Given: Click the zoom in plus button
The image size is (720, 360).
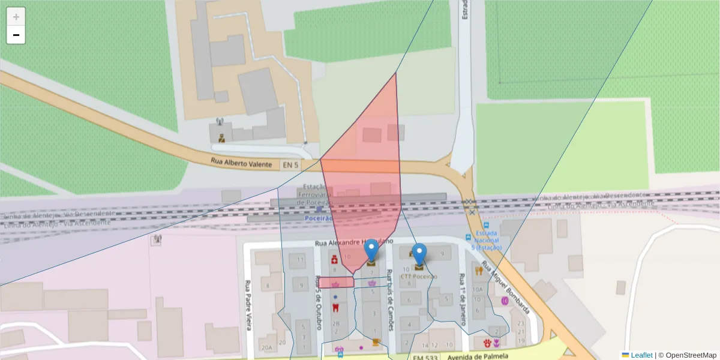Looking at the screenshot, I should [16, 17].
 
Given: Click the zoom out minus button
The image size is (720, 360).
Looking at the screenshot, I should [16, 35].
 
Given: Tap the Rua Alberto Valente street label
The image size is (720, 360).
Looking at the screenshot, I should [241, 163].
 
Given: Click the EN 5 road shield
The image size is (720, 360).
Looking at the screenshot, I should [290, 164].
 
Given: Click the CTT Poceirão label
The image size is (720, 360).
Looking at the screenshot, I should [419, 277].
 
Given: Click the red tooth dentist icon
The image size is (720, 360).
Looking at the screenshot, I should [335, 307].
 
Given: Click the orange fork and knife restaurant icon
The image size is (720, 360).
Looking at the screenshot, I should [479, 271].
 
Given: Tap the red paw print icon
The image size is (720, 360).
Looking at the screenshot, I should [487, 343].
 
